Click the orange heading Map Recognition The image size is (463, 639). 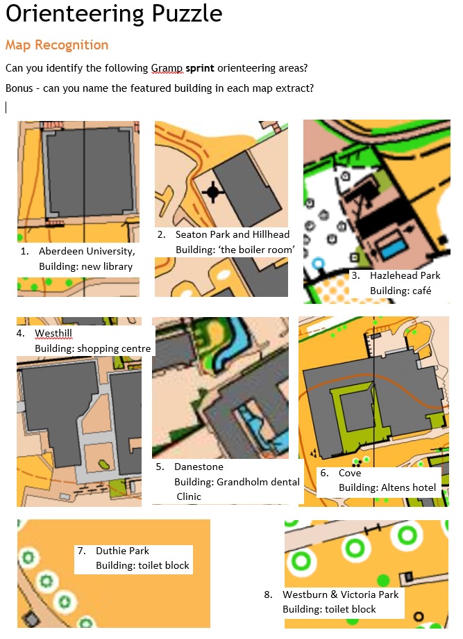tap(57, 45)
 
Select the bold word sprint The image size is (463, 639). tap(200, 68)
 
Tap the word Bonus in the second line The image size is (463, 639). tap(19, 88)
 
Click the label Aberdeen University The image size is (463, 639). tap(87, 251)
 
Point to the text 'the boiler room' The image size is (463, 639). tap(235, 250)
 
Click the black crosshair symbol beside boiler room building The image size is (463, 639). tap(213, 191)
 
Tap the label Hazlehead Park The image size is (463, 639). tap(405, 275)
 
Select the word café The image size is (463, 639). tap(421, 291)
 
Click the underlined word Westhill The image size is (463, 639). tap(53, 333)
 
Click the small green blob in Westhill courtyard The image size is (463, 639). tap(103, 464)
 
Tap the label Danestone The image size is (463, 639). tap(199, 467)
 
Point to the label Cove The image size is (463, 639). tap(350, 473)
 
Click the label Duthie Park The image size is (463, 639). tap(122, 551)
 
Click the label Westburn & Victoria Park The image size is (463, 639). tap(341, 594)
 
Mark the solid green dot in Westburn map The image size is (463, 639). tap(383, 580)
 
